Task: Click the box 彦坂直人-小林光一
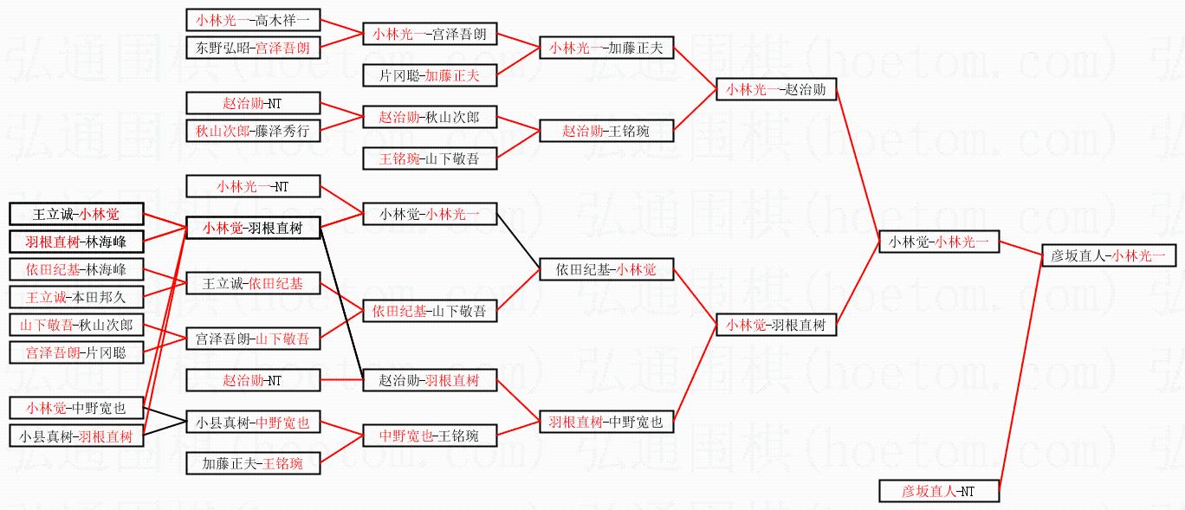tap(1108, 255)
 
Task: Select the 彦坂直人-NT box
tap(939, 491)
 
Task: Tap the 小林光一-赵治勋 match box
tap(776, 88)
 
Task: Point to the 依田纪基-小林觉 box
tap(605, 270)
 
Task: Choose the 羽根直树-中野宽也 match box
tap(605, 422)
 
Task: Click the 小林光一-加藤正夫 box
tap(605, 48)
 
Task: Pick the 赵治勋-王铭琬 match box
tap(605, 131)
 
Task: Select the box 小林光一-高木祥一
tap(254, 19)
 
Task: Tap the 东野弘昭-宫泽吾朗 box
tap(254, 47)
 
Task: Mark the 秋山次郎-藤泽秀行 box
tap(254, 131)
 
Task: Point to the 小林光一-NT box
tap(254, 186)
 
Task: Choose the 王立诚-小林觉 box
tap(76, 214)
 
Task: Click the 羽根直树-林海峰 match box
tap(76, 242)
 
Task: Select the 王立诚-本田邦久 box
tap(76, 297)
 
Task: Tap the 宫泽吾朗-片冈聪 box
tap(76, 352)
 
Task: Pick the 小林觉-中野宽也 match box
tap(76, 408)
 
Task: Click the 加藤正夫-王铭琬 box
tap(254, 463)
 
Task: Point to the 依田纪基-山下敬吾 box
tap(430, 311)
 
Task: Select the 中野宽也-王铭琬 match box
tap(430, 436)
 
